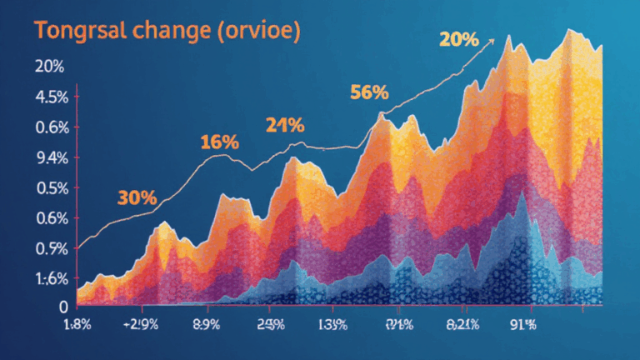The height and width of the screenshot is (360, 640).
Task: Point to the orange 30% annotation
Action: (137, 198)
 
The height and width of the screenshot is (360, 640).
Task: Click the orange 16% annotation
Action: (219, 142)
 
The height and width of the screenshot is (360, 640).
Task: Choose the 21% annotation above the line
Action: (285, 127)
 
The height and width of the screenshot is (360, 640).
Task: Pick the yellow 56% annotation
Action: (369, 93)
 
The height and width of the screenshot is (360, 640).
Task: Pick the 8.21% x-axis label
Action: (461, 325)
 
